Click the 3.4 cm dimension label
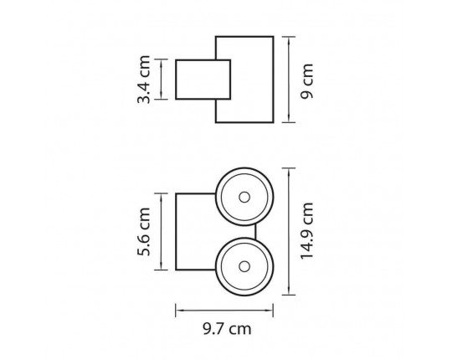pos(144,80)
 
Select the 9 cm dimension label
pos(306,81)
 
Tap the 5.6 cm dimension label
pos(144,231)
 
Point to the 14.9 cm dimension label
pos(306,231)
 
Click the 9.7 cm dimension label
pos(227,329)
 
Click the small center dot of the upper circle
pos(244,198)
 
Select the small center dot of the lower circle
pos(244,267)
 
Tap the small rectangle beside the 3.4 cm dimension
pos(203,80)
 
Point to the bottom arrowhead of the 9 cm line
pos(289,119)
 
